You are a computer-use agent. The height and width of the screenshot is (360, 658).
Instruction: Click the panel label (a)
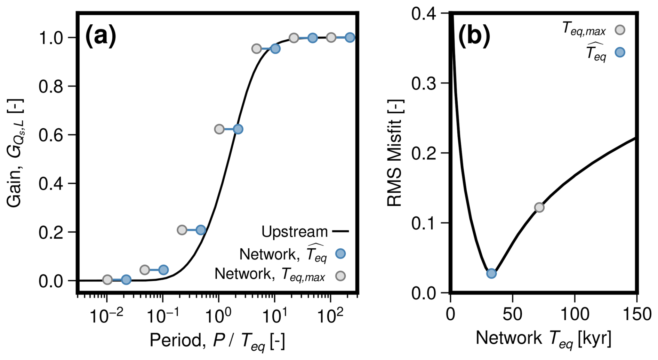coord(101,35)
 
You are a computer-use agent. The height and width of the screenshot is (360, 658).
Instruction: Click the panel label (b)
coord(474,35)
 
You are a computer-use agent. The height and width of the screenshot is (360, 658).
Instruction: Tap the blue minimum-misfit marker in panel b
coord(491,273)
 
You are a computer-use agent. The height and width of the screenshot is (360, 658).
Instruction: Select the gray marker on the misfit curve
coord(539,208)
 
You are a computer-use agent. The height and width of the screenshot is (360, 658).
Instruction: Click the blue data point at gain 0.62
coord(238,129)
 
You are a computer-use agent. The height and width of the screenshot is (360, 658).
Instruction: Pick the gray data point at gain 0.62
coord(219,129)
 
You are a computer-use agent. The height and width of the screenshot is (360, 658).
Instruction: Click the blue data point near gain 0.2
coord(201,230)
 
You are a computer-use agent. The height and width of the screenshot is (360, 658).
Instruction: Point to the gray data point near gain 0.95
coord(256,49)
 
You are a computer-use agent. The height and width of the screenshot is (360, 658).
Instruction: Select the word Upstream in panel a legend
coord(294,232)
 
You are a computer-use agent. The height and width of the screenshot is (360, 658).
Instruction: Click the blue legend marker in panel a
coord(340,254)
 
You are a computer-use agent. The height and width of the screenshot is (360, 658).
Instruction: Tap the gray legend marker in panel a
coord(340,276)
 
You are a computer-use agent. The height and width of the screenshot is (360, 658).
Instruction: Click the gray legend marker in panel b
coord(620,30)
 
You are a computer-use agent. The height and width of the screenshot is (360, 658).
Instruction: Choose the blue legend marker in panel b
coord(620,53)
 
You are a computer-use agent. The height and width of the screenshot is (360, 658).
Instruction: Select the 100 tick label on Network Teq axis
coord(575,314)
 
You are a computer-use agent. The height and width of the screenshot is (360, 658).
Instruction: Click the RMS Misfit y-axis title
coord(395,153)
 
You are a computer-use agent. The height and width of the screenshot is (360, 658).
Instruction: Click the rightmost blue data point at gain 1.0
coord(350,38)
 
